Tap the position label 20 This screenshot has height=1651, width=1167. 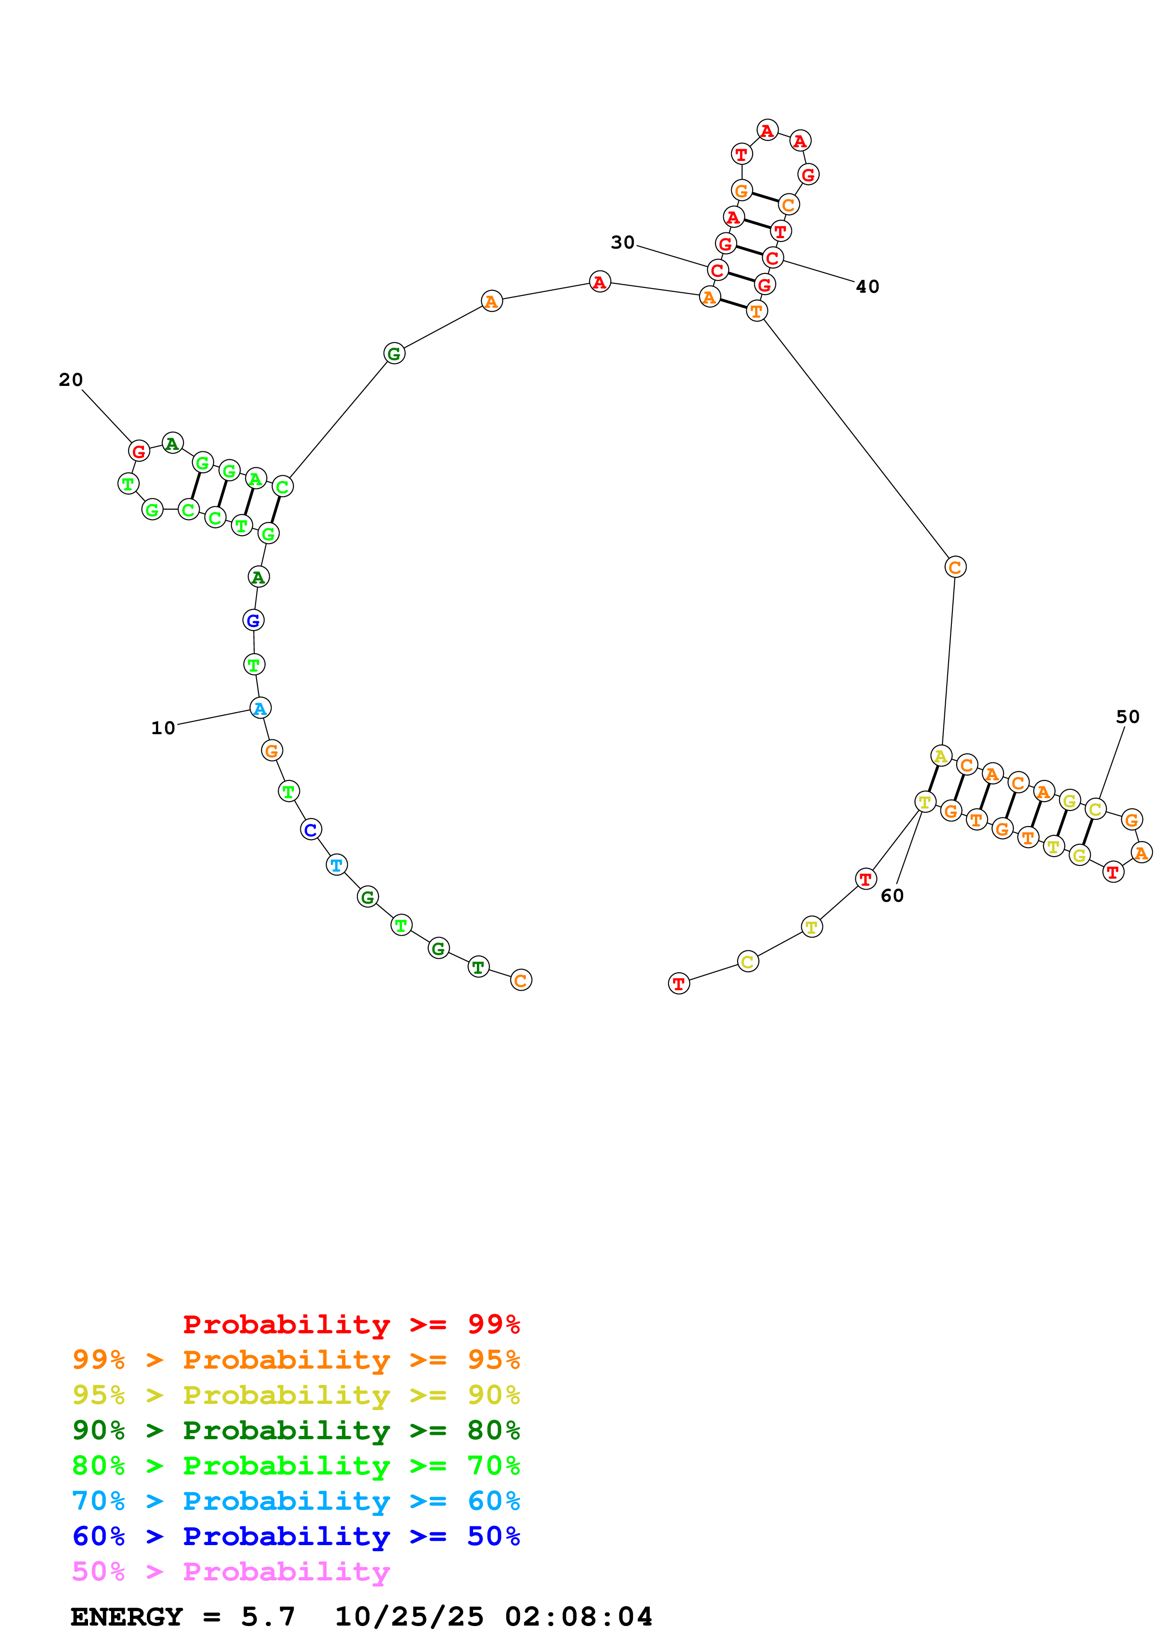pyautogui.click(x=71, y=380)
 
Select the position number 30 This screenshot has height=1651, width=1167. pyautogui.click(x=623, y=242)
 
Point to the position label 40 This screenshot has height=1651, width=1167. pyautogui.click(x=867, y=287)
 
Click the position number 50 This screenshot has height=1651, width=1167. pyautogui.click(x=1127, y=717)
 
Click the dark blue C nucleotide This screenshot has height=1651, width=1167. pyautogui.click(x=311, y=829)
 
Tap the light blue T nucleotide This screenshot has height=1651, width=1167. pyautogui.click(x=337, y=865)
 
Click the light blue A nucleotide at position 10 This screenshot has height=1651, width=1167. pyautogui.click(x=260, y=708)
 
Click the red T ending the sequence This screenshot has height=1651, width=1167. pyautogui.click(x=679, y=983)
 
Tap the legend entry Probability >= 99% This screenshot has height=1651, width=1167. pyautogui.click(x=351, y=1324)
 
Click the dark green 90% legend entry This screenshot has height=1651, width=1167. pyautogui.click(x=296, y=1430)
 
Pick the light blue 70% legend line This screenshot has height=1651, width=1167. pyautogui.click(x=296, y=1501)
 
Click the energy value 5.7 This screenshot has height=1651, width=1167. pyautogui.click(x=267, y=1617)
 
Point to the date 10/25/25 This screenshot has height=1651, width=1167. pyautogui.click(x=409, y=1617)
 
